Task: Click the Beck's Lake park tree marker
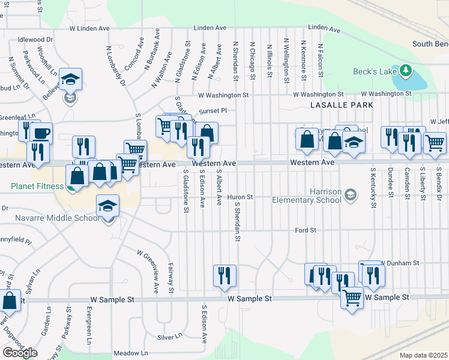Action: point(406,71)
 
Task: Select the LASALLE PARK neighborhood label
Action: point(342,105)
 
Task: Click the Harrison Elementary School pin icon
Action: point(351,194)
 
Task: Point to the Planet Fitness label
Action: point(37,186)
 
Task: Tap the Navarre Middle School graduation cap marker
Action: point(107,206)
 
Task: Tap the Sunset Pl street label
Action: point(213,110)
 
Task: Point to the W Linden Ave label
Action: point(89,28)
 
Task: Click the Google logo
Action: point(20,352)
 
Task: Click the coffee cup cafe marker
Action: point(42,133)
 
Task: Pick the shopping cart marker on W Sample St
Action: point(352,296)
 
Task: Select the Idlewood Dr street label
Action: point(35,40)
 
